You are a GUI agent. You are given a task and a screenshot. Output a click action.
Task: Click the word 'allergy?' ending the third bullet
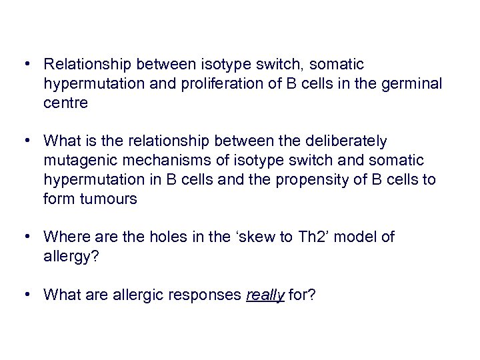coord(70,256)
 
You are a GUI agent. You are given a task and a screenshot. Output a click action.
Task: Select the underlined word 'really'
coord(265,294)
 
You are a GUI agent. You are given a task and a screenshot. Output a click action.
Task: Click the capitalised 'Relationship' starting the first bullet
coord(87,65)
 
